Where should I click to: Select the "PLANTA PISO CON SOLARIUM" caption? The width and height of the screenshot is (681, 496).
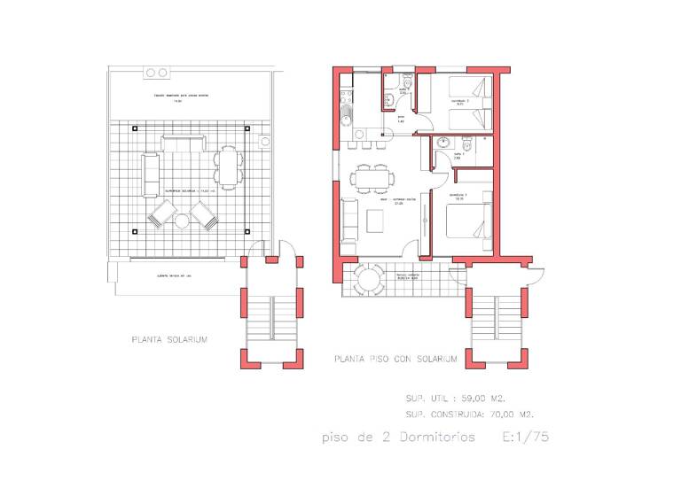(x=395, y=360)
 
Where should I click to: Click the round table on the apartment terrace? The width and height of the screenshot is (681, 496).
(x=370, y=280)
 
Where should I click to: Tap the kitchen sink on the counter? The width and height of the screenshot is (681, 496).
(x=347, y=119)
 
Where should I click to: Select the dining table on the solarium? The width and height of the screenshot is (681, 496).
(x=229, y=166)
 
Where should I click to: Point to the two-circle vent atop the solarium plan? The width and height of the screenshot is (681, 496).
(x=156, y=73)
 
